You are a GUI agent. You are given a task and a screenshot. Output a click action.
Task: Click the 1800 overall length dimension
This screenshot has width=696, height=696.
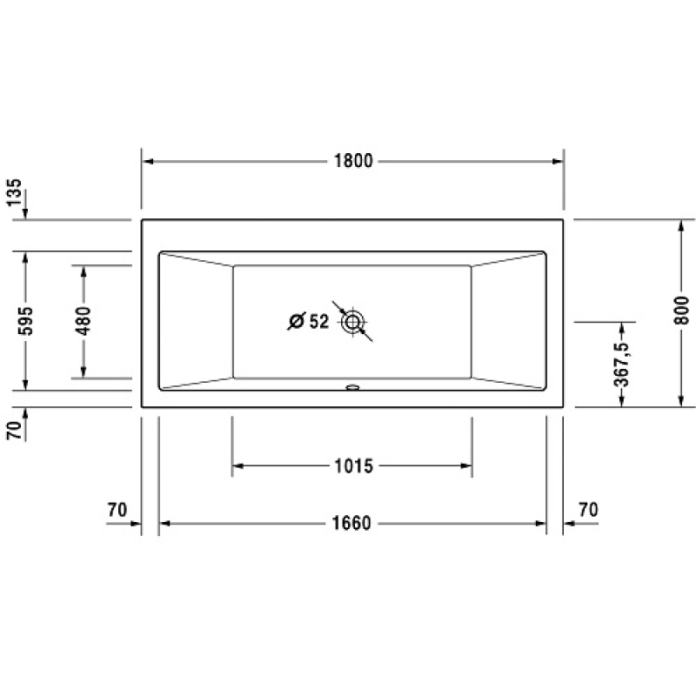coord(353,161)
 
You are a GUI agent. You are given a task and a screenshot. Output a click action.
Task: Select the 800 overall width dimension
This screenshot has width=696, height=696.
coord(682,311)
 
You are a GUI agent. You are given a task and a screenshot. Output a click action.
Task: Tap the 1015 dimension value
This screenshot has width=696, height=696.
coord(353,466)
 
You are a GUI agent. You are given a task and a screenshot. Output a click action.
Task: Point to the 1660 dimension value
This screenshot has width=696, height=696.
coord(351,524)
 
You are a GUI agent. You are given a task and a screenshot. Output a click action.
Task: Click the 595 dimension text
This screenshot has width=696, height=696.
coord(25,320)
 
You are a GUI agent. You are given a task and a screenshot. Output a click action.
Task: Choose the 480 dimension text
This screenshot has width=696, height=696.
coord(83,320)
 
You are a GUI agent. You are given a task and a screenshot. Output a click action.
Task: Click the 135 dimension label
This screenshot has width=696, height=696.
coord(14,192)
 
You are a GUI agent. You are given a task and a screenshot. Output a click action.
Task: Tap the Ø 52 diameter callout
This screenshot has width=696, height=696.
coord(309,321)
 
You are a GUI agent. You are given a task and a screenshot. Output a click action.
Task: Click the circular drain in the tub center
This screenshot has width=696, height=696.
coord(352,322)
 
